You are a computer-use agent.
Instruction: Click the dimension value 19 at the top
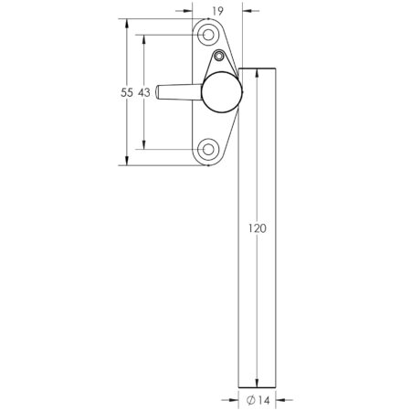tap(216, 11)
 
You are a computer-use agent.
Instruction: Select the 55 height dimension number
tap(129, 92)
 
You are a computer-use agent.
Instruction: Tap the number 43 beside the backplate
tap(144, 92)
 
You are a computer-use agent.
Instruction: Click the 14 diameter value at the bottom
tap(262, 399)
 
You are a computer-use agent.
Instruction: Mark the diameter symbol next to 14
tap(250, 399)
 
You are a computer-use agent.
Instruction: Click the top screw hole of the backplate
tap(209, 35)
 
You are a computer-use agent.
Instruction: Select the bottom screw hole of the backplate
tap(209, 149)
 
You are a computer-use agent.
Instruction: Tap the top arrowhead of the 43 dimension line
tap(144, 38)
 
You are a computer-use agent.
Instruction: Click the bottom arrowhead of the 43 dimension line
tap(144, 145)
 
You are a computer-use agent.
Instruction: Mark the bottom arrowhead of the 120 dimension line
tap(258, 384)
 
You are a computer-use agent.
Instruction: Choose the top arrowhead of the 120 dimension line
tap(258, 72)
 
